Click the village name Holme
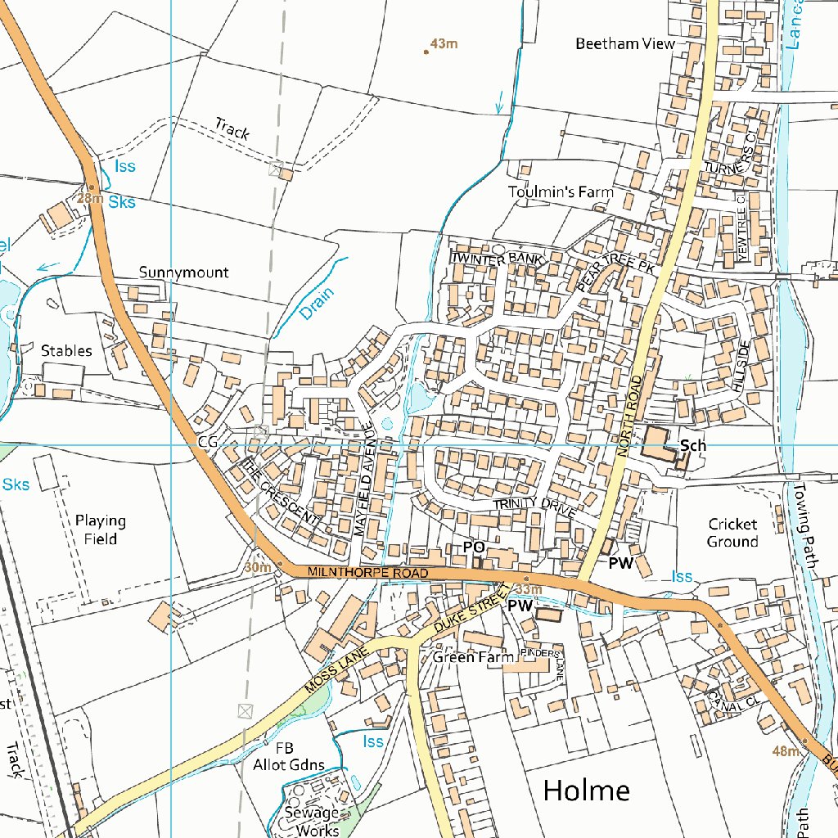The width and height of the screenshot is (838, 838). point(587,791)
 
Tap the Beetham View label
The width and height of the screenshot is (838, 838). point(625,43)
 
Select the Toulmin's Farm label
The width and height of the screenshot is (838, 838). point(560,192)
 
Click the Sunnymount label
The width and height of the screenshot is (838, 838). point(183,273)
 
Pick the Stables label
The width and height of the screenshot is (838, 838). point(66,350)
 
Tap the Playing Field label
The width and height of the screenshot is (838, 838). point(101,529)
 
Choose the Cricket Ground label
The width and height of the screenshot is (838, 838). point(732,533)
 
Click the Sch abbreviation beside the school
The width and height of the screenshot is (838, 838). point(692,446)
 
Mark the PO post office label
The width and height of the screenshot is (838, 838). point(474,547)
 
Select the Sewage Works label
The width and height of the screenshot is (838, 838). point(312,821)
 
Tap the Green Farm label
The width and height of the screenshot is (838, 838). point(473,656)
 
